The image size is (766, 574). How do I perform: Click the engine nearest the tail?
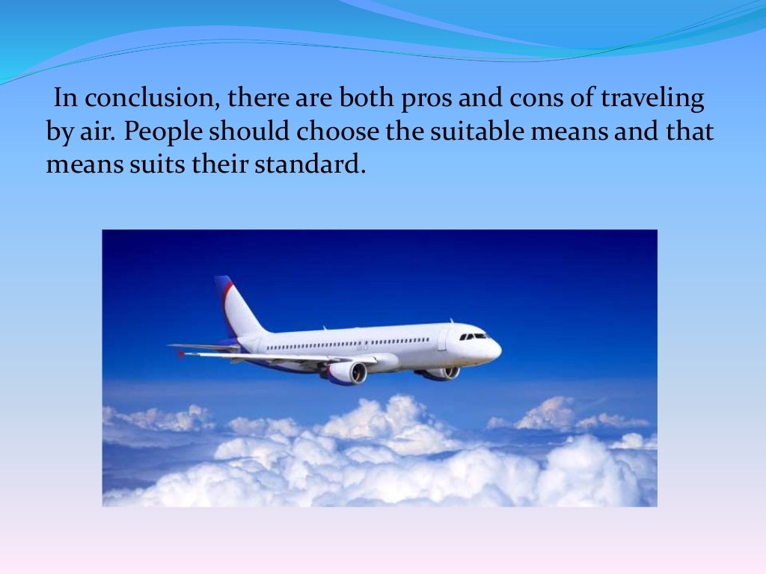click(x=346, y=372)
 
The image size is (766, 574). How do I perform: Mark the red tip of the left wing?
click(x=180, y=353)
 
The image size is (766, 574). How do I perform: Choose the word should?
click(x=251, y=132)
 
